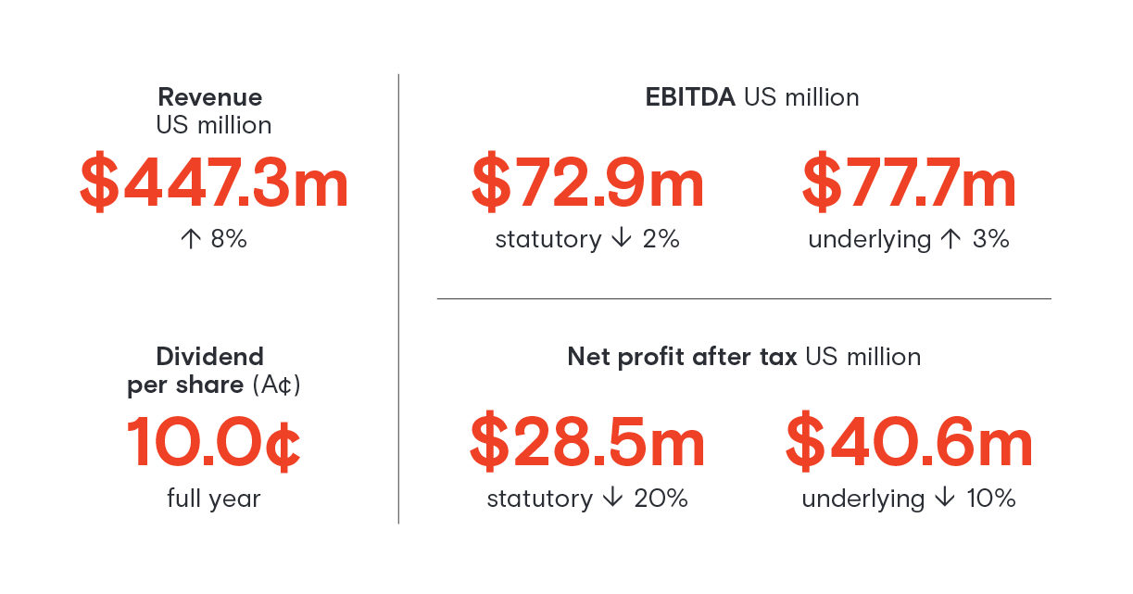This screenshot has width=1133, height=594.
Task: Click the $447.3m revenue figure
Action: [214, 183]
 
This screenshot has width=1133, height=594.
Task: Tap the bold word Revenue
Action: [210, 97]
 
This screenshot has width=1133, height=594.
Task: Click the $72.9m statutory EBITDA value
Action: [587, 183]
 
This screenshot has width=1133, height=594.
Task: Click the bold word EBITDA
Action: [690, 97]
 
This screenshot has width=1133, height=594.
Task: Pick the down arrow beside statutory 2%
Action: [620, 240]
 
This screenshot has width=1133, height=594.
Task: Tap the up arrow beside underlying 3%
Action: [949, 240]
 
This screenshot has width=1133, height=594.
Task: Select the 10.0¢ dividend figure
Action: [213, 443]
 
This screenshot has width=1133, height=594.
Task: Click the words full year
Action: [214, 499]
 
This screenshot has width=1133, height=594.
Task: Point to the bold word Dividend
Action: [209, 357]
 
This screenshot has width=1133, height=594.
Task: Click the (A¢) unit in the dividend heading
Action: [277, 385]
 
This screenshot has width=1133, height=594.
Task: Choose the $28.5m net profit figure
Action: [587, 443]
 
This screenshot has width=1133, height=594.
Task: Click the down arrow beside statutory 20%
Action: [611, 499]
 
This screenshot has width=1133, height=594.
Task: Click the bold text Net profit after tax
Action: [682, 357]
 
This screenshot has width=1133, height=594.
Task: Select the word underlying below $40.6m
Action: [862, 499]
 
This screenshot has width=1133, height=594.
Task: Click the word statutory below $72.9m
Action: [548, 240]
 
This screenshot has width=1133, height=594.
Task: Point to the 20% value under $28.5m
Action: [661, 499]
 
